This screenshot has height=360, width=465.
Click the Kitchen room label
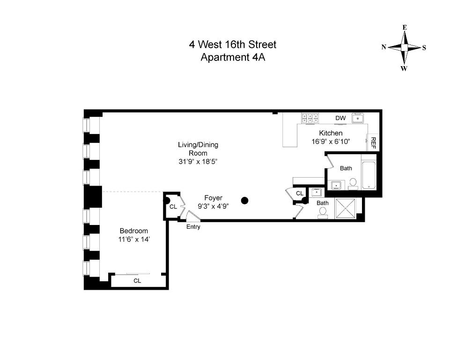coord(331,133)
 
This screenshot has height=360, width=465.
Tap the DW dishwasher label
coord(340,118)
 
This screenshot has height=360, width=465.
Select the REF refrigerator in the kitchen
coord(373,142)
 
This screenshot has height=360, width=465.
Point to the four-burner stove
coord(310,118)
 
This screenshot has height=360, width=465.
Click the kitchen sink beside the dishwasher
coord(358,118)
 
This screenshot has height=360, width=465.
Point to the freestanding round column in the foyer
coord(244,201)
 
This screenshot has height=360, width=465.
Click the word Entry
coord(193,227)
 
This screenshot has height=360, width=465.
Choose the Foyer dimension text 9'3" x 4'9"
coord(213,205)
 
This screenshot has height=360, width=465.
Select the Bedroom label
coord(133,231)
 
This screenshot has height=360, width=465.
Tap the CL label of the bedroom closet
coord(137,281)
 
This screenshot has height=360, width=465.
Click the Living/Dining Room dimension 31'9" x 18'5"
coord(198,161)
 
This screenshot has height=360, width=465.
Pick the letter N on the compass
coord(384,47)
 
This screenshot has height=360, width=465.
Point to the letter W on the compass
coord(404,68)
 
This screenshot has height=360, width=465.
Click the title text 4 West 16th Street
coord(232,45)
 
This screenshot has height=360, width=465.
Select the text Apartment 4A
coord(233,58)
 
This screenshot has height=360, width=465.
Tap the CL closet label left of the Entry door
coord(173,206)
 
